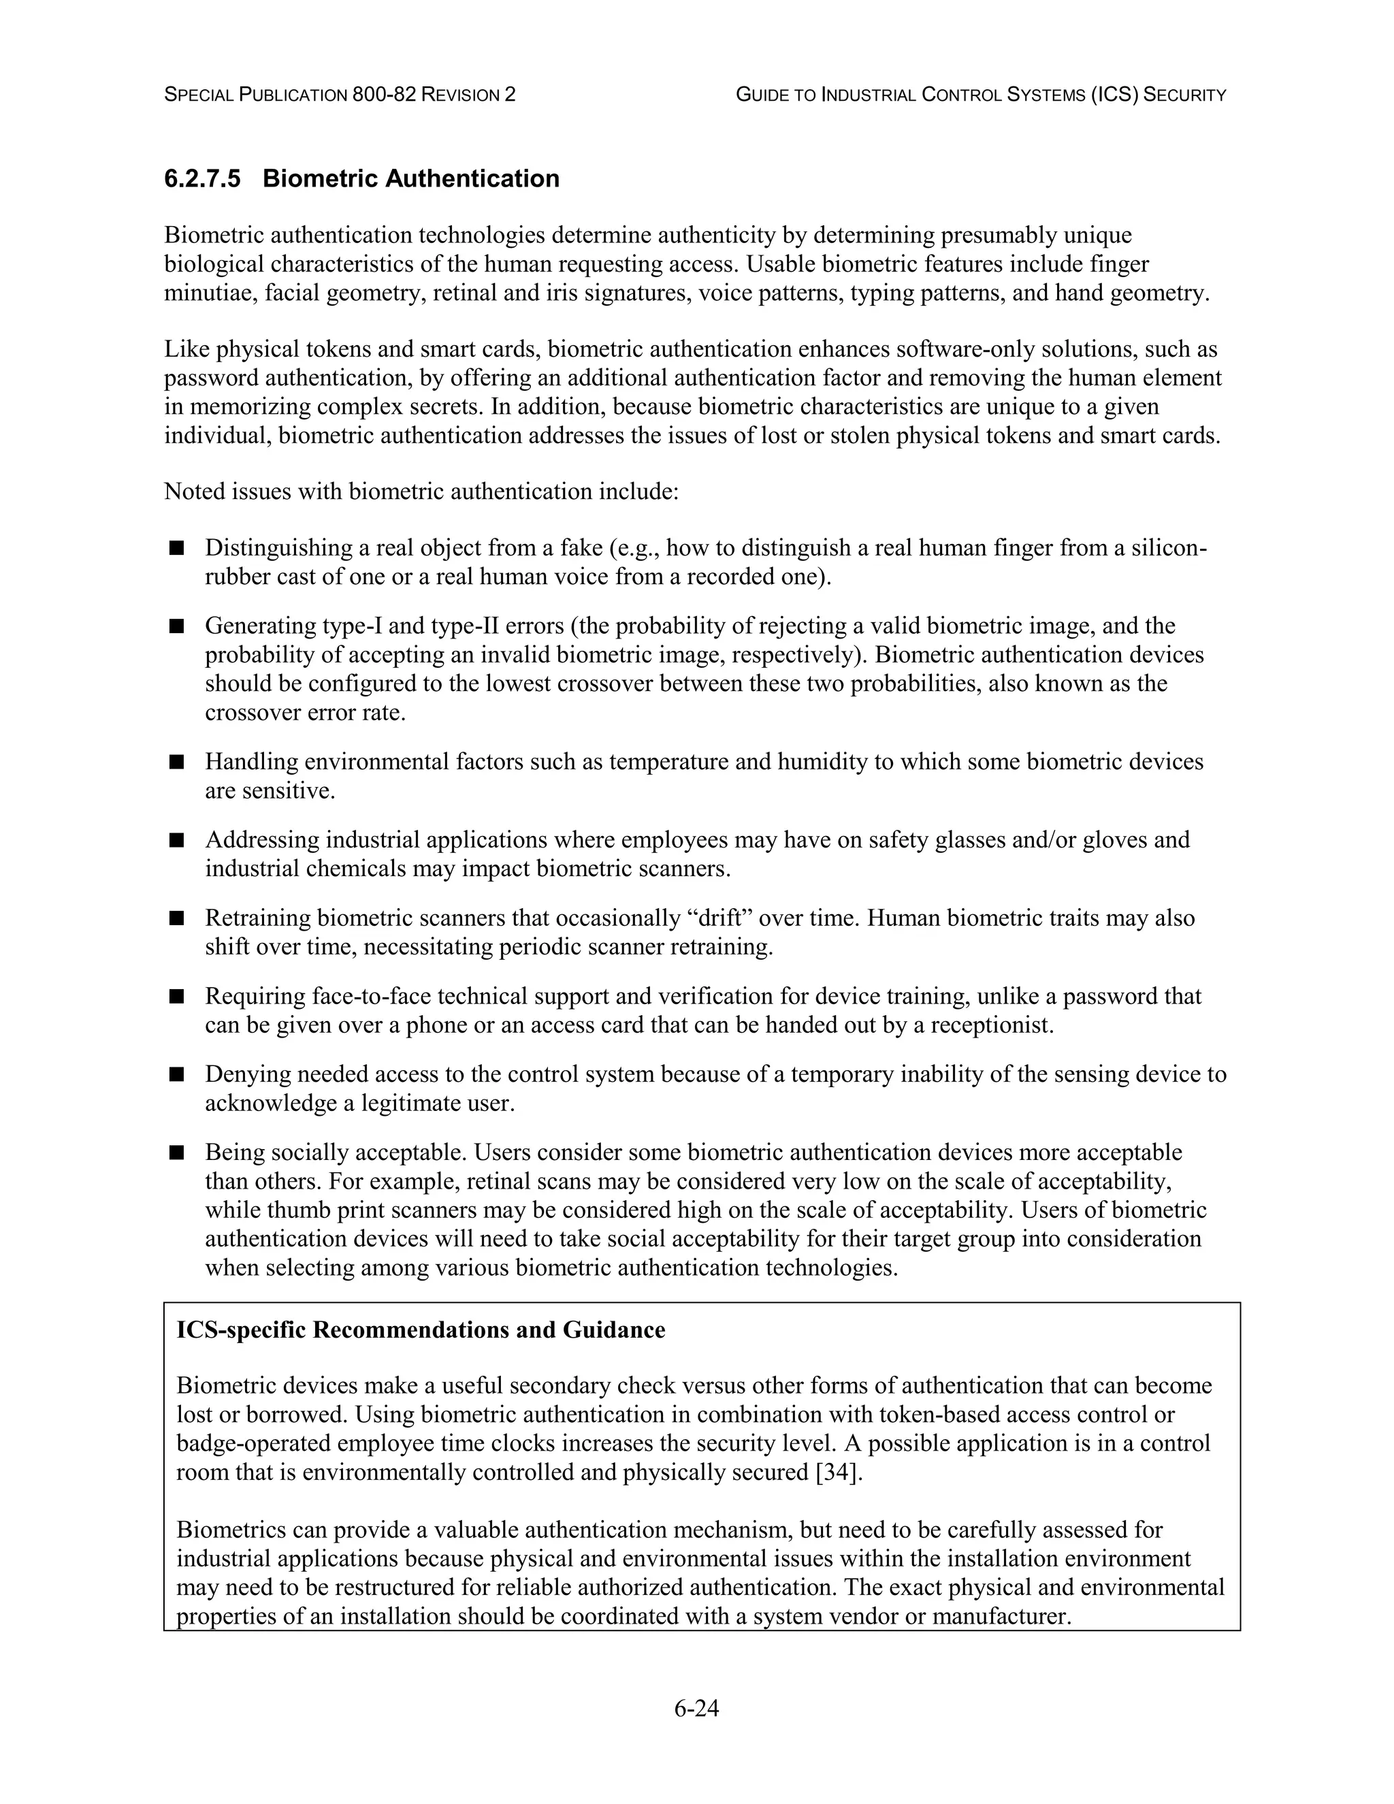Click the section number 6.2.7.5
click(202, 178)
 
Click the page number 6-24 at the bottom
click(696, 1708)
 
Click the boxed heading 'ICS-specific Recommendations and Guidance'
click(421, 1330)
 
